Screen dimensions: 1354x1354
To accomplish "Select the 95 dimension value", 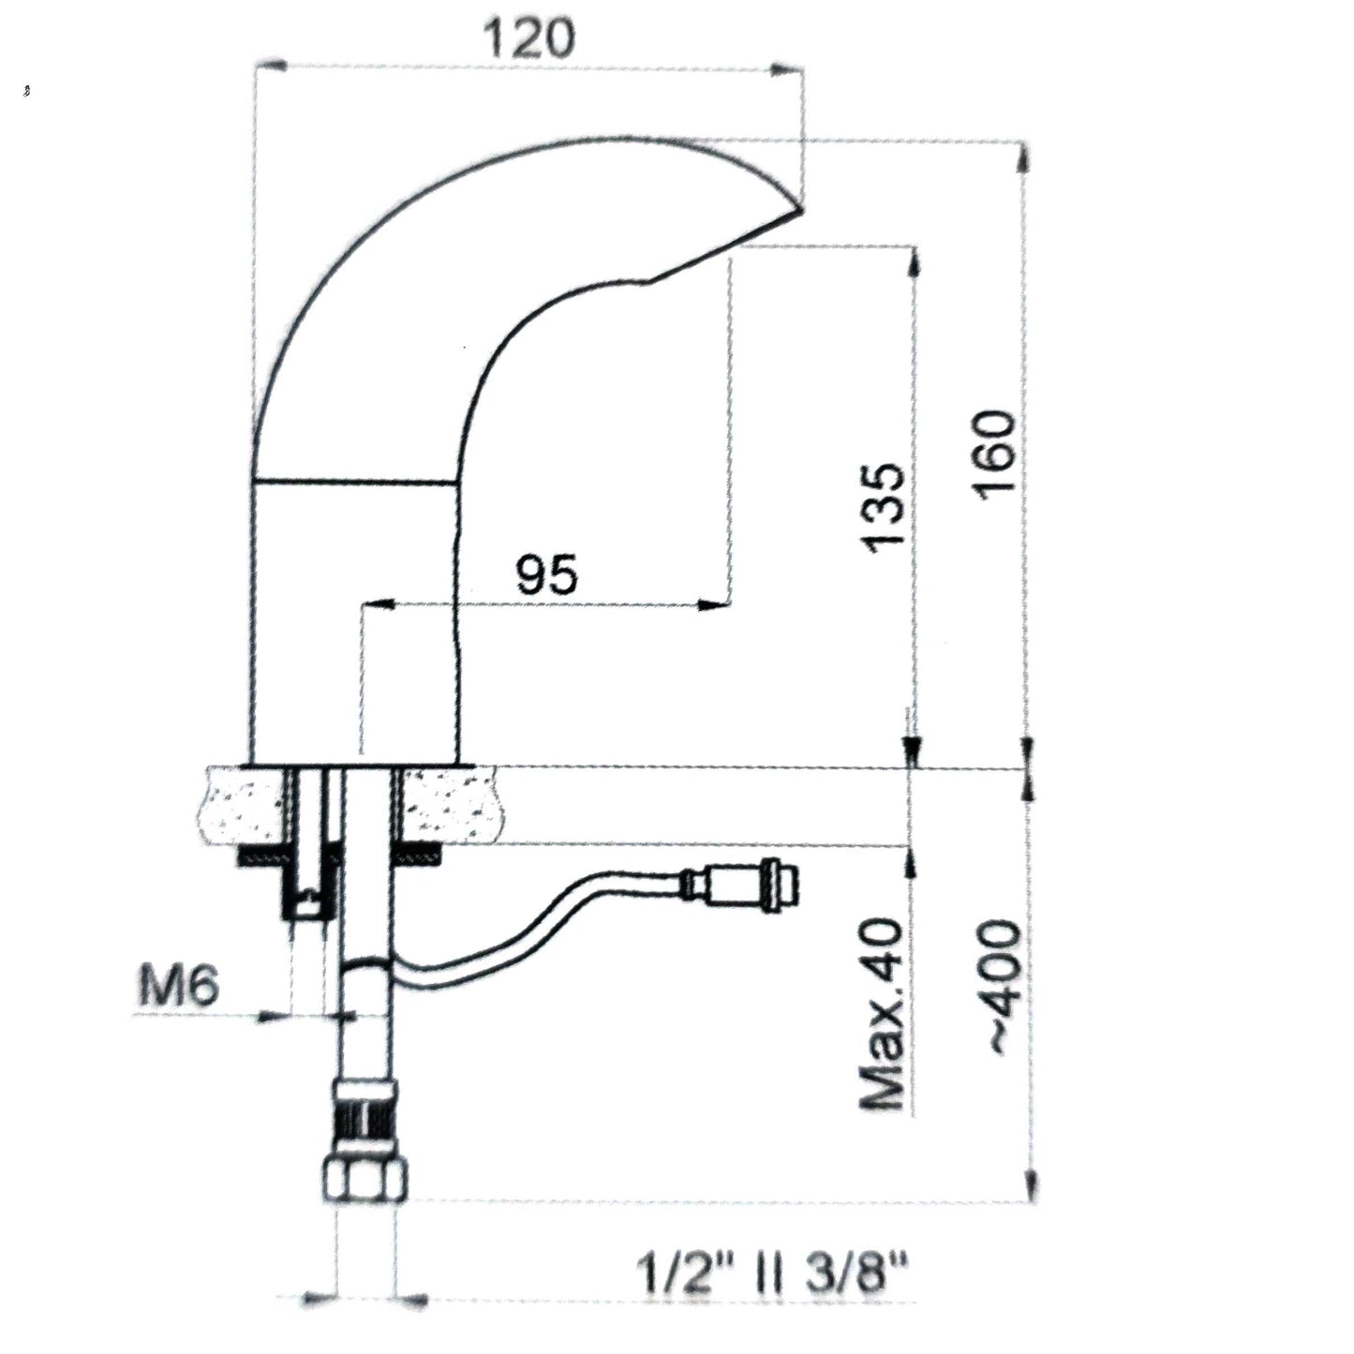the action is (x=546, y=574).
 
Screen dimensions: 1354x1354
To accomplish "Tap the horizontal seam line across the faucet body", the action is (x=355, y=482).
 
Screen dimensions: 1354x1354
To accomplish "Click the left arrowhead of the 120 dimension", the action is (x=270, y=67).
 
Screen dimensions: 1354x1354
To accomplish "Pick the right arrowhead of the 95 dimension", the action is (x=715, y=603).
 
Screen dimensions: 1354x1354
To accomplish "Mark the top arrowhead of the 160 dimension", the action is (x=1027, y=158).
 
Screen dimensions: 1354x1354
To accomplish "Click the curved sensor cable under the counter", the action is (x=534, y=938).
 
